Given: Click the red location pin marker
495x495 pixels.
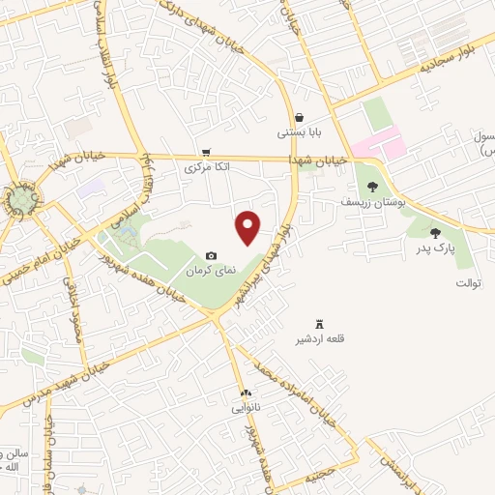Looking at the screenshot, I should click(x=248, y=226).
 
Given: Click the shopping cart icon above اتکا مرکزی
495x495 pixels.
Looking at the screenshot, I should click(x=206, y=152).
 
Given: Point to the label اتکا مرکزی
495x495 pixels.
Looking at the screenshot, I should click(x=208, y=166).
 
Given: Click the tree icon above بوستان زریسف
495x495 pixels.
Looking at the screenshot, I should click(x=371, y=188).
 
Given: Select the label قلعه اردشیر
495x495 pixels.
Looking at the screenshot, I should click(x=320, y=339).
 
